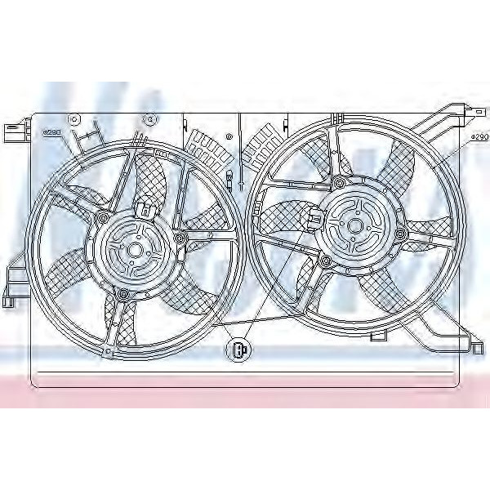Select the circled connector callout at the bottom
238,350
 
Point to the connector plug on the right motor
316,216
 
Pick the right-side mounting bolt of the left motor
179,238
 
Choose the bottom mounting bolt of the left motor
122,294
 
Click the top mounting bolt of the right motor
336,180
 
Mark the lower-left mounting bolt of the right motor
326,261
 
